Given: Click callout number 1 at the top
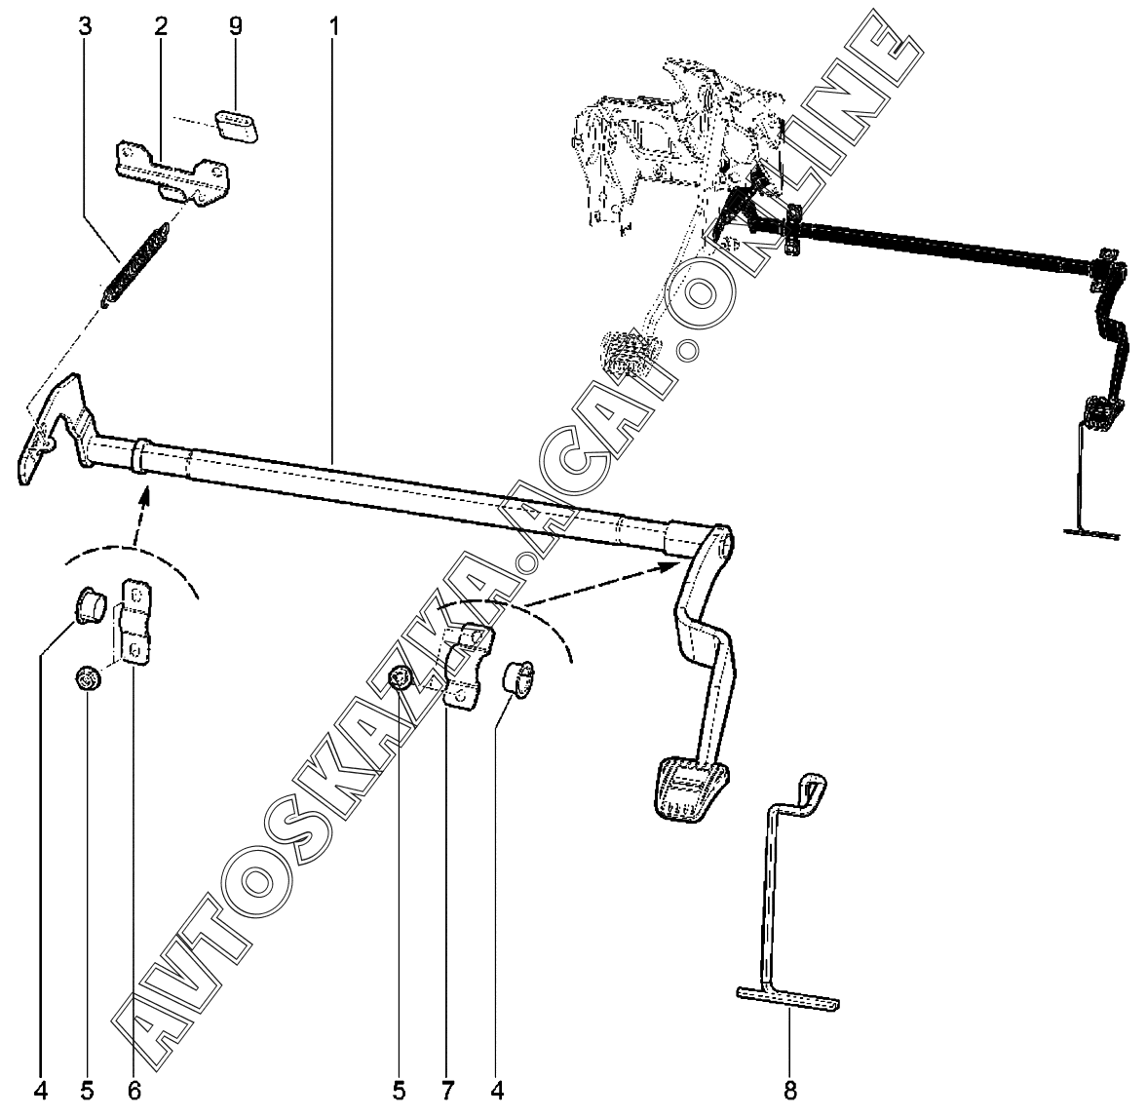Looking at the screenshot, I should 333,26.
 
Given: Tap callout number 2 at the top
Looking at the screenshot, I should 160,26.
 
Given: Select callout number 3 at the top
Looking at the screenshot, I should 86,26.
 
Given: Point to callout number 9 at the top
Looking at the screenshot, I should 235,26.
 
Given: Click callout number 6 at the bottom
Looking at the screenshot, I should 134,1088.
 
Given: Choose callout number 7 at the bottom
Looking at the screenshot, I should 448,1088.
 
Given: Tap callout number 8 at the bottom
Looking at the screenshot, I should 790,1090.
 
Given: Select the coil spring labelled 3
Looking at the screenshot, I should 136,261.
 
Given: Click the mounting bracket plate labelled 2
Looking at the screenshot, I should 173,172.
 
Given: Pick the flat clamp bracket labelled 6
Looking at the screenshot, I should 134,622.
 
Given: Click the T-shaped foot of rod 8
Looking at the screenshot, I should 787,999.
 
